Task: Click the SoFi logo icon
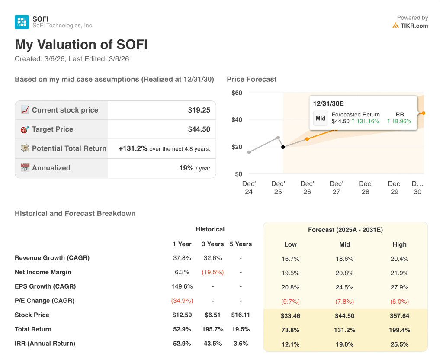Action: [x=22, y=22]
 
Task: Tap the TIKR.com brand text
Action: [x=414, y=26]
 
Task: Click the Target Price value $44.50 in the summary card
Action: [x=199, y=129]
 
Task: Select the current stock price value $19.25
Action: [x=199, y=110]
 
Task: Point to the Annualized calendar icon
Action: [x=25, y=168]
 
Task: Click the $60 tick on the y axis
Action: [x=237, y=93]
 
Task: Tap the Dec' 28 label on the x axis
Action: [x=366, y=187]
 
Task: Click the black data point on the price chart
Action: [x=283, y=147]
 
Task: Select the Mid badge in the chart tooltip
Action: [x=321, y=119]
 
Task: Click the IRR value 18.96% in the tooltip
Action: [x=399, y=121]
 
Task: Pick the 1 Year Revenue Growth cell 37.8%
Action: [x=182, y=258]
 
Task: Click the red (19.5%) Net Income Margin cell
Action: [x=212, y=272]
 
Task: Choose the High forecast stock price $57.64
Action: [x=399, y=316]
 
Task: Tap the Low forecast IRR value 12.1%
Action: [x=290, y=344]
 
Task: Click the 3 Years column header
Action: [x=212, y=244]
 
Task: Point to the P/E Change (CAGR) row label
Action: [x=45, y=301]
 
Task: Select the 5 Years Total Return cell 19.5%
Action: [x=241, y=329]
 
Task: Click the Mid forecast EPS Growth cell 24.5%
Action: [x=344, y=287]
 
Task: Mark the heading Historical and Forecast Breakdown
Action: [x=75, y=213]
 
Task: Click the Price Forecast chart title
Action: [x=251, y=79]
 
